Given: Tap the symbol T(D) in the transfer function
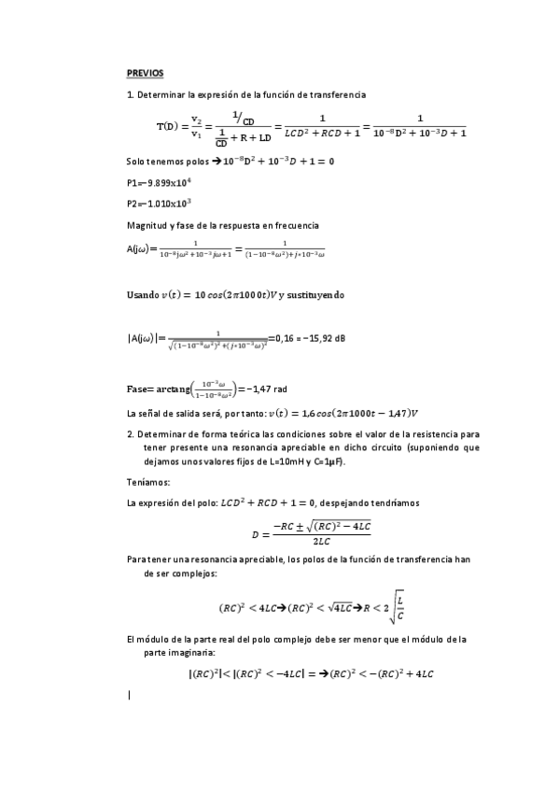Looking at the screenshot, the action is [x=169, y=126].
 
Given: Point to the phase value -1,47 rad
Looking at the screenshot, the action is [x=260, y=389].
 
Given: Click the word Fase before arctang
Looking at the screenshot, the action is [x=138, y=389].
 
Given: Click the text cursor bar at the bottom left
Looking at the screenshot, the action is [x=128, y=695].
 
